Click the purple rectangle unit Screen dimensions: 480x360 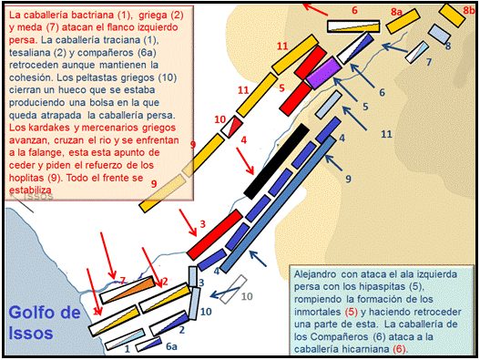click(324, 73)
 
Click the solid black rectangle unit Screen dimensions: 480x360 click(276, 161)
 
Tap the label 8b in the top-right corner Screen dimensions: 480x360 click(469, 10)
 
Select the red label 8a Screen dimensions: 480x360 click(396, 12)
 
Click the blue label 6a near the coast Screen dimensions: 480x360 click(171, 346)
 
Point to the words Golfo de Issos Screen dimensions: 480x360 click(45, 323)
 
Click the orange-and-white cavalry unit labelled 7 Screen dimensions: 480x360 click(128, 290)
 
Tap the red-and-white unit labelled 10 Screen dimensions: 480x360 click(232, 127)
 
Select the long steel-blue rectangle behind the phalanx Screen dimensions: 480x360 click(278, 204)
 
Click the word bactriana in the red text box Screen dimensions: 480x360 click(98, 15)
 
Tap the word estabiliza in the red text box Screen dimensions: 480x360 click(30, 190)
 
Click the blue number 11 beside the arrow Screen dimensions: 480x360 click(386, 134)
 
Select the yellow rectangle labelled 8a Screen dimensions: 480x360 click(403, 21)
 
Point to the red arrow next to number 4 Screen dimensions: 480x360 click(245, 161)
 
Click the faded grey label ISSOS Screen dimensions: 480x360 click(38, 197)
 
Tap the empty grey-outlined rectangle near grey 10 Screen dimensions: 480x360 click(233, 289)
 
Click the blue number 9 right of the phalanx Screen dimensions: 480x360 click(348, 179)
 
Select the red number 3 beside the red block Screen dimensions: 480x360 click(202, 224)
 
